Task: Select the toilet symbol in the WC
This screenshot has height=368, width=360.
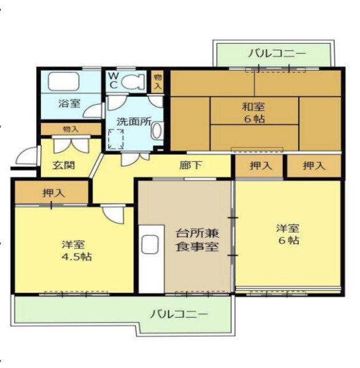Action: (x=132, y=82)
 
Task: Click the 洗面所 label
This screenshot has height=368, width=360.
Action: (x=133, y=122)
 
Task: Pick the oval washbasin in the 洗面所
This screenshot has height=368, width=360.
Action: (x=156, y=131)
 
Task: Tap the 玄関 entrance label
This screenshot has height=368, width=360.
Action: (x=63, y=165)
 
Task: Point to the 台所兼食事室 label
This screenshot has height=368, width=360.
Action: (x=197, y=241)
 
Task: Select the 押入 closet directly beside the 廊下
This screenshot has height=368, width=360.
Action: (x=260, y=166)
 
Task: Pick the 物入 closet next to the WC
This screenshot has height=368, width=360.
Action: (x=158, y=81)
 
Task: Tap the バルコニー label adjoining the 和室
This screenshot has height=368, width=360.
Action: (x=277, y=55)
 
